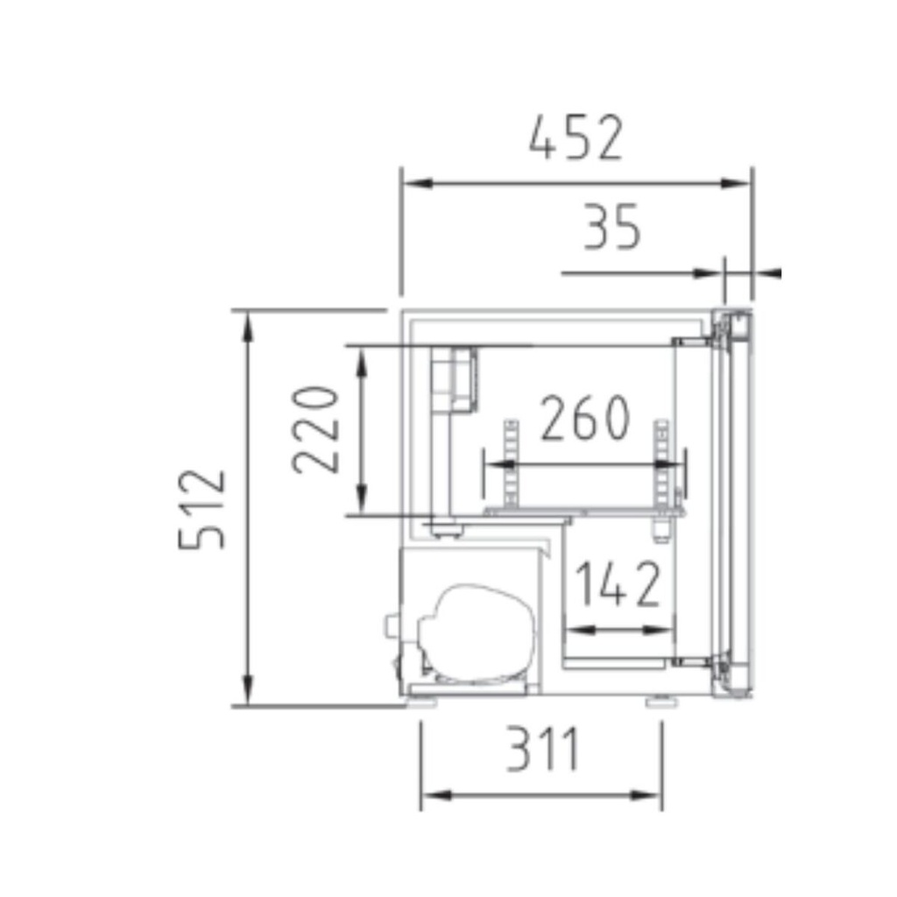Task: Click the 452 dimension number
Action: tap(576, 138)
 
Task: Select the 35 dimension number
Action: tap(611, 227)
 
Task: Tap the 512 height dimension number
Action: tap(202, 509)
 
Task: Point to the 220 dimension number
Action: tap(315, 430)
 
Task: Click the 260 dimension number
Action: tap(585, 418)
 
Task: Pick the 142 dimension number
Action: tap(618, 583)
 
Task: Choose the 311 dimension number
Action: tap(543, 749)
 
